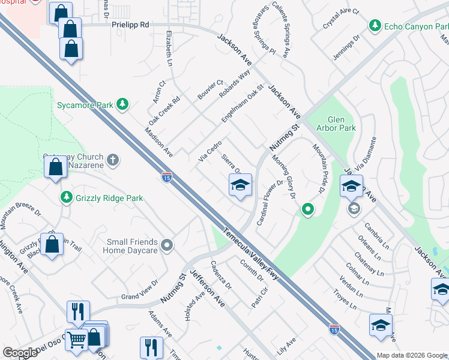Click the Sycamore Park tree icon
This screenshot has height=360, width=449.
(x=122, y=104)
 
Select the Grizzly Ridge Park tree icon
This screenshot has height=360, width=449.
(x=67, y=197)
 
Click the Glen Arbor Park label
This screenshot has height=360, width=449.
(x=341, y=123)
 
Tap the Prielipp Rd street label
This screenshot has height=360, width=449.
(x=130, y=25)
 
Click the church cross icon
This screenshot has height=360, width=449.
(x=113, y=160)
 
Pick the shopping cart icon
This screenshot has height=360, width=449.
(x=77, y=340)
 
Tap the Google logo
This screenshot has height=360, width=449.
(x=20, y=353)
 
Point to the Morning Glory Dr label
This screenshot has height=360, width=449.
(x=285, y=178)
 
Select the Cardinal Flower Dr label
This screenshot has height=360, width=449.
(x=270, y=202)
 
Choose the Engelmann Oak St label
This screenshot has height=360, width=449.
(x=243, y=104)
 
